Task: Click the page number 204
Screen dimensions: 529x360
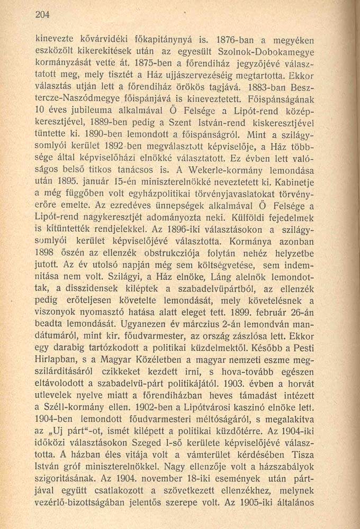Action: (x=43, y=15)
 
